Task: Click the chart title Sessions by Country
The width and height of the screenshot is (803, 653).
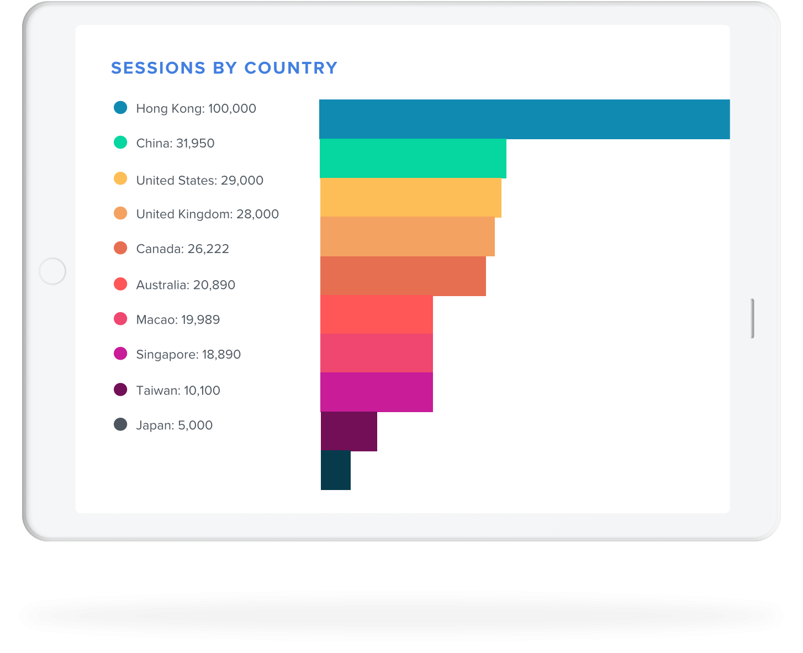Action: (224, 68)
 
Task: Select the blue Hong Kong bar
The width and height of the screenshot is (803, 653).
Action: (524, 119)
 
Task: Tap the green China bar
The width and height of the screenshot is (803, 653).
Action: (413, 159)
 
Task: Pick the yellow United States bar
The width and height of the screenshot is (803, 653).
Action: (410, 198)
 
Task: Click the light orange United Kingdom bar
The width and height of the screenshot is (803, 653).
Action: (407, 237)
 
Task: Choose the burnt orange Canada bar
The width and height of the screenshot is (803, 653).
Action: (403, 276)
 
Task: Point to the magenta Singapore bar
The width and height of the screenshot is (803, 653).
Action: (376, 392)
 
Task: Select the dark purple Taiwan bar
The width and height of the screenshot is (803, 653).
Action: (348, 431)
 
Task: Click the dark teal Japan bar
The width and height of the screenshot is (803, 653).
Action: (336, 470)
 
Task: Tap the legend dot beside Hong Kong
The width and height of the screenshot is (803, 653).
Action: (120, 107)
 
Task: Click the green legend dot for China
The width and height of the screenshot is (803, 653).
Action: (120, 142)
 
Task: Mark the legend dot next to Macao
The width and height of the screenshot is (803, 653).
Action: (120, 319)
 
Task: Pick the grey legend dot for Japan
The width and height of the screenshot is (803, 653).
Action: (120, 424)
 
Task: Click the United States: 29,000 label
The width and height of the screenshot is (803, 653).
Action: (199, 180)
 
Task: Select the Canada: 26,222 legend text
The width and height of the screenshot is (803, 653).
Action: (182, 249)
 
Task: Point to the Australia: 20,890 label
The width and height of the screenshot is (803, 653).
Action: (186, 285)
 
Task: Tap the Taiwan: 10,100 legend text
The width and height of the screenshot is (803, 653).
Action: (178, 390)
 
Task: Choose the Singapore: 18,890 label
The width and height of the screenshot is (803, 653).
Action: (188, 355)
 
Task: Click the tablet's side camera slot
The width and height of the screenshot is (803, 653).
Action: (752, 319)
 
